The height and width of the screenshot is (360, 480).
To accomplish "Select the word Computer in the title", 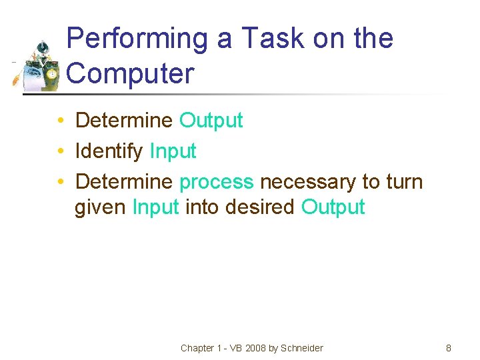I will (131, 73).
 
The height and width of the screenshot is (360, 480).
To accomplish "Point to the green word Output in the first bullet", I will (211, 121).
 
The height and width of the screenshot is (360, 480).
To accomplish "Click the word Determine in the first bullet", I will (124, 121).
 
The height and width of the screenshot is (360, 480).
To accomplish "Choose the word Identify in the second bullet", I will (109, 151).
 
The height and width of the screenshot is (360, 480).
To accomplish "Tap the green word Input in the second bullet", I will (173, 151).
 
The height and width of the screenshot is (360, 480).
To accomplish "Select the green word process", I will (217, 182).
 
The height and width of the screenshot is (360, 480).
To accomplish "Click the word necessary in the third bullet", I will (307, 182).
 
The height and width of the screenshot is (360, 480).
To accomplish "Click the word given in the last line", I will (101, 207).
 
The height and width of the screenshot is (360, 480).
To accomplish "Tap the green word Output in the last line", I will (333, 207).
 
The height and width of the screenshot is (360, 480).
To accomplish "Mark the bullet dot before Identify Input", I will (60, 152).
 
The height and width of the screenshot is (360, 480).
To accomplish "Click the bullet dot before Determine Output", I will (60, 121).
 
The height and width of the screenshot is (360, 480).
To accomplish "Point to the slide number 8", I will (449, 348).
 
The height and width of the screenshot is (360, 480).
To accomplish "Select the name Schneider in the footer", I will (302, 348).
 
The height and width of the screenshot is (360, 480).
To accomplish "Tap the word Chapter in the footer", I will (197, 348).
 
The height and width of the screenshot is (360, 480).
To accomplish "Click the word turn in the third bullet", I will (403, 182).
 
